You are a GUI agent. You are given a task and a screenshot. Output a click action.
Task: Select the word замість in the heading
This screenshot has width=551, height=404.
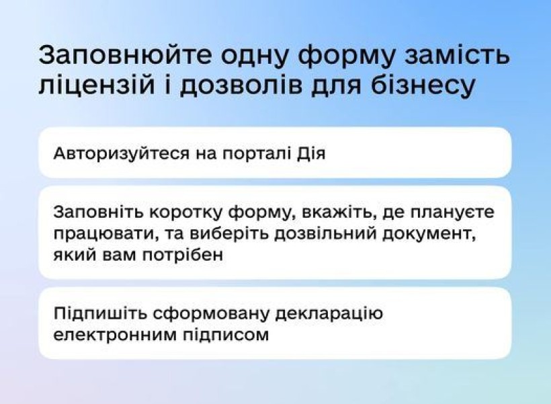457,55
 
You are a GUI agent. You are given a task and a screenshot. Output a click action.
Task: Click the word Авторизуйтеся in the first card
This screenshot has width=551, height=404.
121,154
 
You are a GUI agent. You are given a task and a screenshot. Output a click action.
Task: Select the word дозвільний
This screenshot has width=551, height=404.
325,233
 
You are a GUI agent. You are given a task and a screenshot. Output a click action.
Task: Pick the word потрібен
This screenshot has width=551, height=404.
183,255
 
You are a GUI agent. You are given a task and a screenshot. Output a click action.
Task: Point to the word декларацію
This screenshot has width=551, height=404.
329,314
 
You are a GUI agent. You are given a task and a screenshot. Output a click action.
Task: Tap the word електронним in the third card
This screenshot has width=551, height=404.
116,335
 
